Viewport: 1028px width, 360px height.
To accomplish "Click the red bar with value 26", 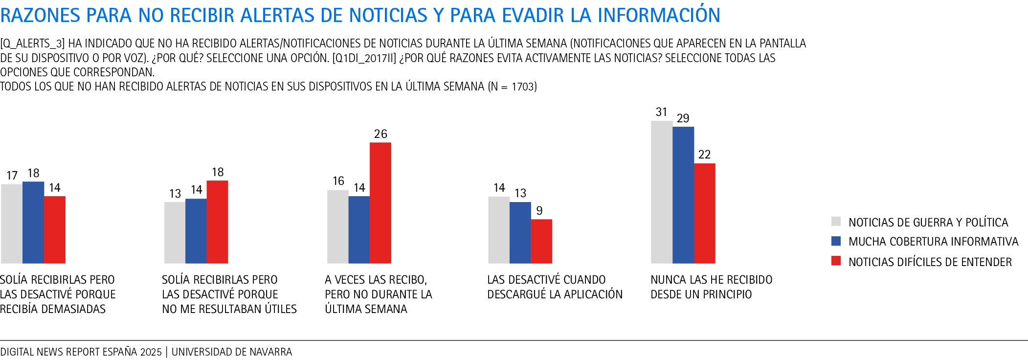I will pos(380,203).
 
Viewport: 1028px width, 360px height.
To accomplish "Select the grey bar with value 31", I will pos(661,192).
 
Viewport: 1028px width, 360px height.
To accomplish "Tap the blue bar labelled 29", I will pos(683,195).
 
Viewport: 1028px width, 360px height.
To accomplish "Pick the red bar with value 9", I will pos(541,241).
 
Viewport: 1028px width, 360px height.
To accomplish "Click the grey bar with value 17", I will pos(12,224).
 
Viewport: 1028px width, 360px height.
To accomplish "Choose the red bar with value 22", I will pos(704,213).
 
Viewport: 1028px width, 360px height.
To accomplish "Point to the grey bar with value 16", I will pos(337,226).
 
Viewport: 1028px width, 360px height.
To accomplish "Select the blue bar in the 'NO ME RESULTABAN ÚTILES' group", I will pos(196,231).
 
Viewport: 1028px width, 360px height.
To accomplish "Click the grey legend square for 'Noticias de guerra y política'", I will pos(836,222).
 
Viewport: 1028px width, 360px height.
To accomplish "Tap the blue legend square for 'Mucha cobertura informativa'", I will pos(836,241).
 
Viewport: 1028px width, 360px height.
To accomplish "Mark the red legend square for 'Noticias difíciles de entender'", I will pos(836,261).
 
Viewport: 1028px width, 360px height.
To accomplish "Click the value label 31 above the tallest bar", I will pos(661,112).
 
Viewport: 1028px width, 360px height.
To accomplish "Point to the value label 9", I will pos(539,210).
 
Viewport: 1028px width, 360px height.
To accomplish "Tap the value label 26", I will pos(380,134).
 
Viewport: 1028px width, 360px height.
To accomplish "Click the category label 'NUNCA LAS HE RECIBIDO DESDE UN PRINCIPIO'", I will pos(711,287).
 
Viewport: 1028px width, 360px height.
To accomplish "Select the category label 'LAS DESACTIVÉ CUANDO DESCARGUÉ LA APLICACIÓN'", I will pos(555,287).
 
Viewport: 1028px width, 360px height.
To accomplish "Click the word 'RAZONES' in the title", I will pos(40,16).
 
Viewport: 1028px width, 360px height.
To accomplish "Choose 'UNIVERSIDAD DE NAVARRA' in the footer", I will pos(232,352).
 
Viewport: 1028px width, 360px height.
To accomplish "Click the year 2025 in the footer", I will pos(151,352).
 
